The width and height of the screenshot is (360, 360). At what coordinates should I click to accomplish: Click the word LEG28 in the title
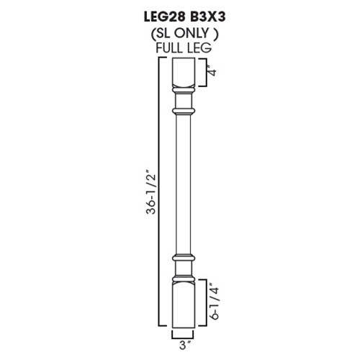153,12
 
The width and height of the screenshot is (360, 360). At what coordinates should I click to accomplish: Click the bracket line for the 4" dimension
204,72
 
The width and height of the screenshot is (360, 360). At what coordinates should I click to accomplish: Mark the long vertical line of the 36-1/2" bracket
158,194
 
